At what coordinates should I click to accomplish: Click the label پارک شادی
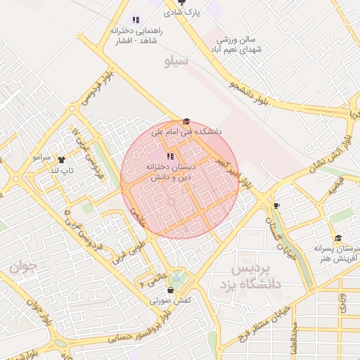[182, 13]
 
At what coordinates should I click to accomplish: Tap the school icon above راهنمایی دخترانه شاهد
[136, 20]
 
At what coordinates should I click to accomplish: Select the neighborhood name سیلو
[176, 62]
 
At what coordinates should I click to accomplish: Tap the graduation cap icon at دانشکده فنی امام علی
[186, 122]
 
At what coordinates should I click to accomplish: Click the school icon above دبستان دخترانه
[170, 156]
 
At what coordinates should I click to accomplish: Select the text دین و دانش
[169, 178]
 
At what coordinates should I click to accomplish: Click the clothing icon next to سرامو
[61, 160]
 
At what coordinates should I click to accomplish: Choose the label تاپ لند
[60, 170]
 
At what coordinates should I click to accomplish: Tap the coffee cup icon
[276, 205]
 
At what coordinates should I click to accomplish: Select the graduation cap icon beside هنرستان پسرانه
[338, 238]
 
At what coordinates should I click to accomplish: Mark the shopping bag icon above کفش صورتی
[170, 290]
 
